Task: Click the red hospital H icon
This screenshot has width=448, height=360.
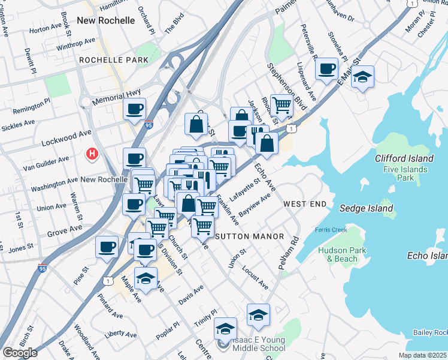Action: pyautogui.click(x=92, y=154)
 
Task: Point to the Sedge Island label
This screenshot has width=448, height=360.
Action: pyautogui.click(x=366, y=209)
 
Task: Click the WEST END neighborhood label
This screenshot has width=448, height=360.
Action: pyautogui.click(x=305, y=204)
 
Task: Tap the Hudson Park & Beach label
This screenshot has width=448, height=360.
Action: pyautogui.click(x=338, y=254)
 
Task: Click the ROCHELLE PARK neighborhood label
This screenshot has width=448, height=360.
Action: pyautogui.click(x=109, y=61)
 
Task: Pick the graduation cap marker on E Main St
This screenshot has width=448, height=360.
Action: pyautogui.click(x=362, y=77)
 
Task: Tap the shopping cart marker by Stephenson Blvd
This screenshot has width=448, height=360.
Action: pyautogui.click(x=281, y=105)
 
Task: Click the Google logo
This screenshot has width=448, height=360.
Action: pyautogui.click(x=20, y=353)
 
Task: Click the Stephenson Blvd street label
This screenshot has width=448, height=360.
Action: pyautogui.click(x=287, y=85)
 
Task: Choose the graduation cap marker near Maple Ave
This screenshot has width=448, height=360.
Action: pyautogui.click(x=146, y=278)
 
